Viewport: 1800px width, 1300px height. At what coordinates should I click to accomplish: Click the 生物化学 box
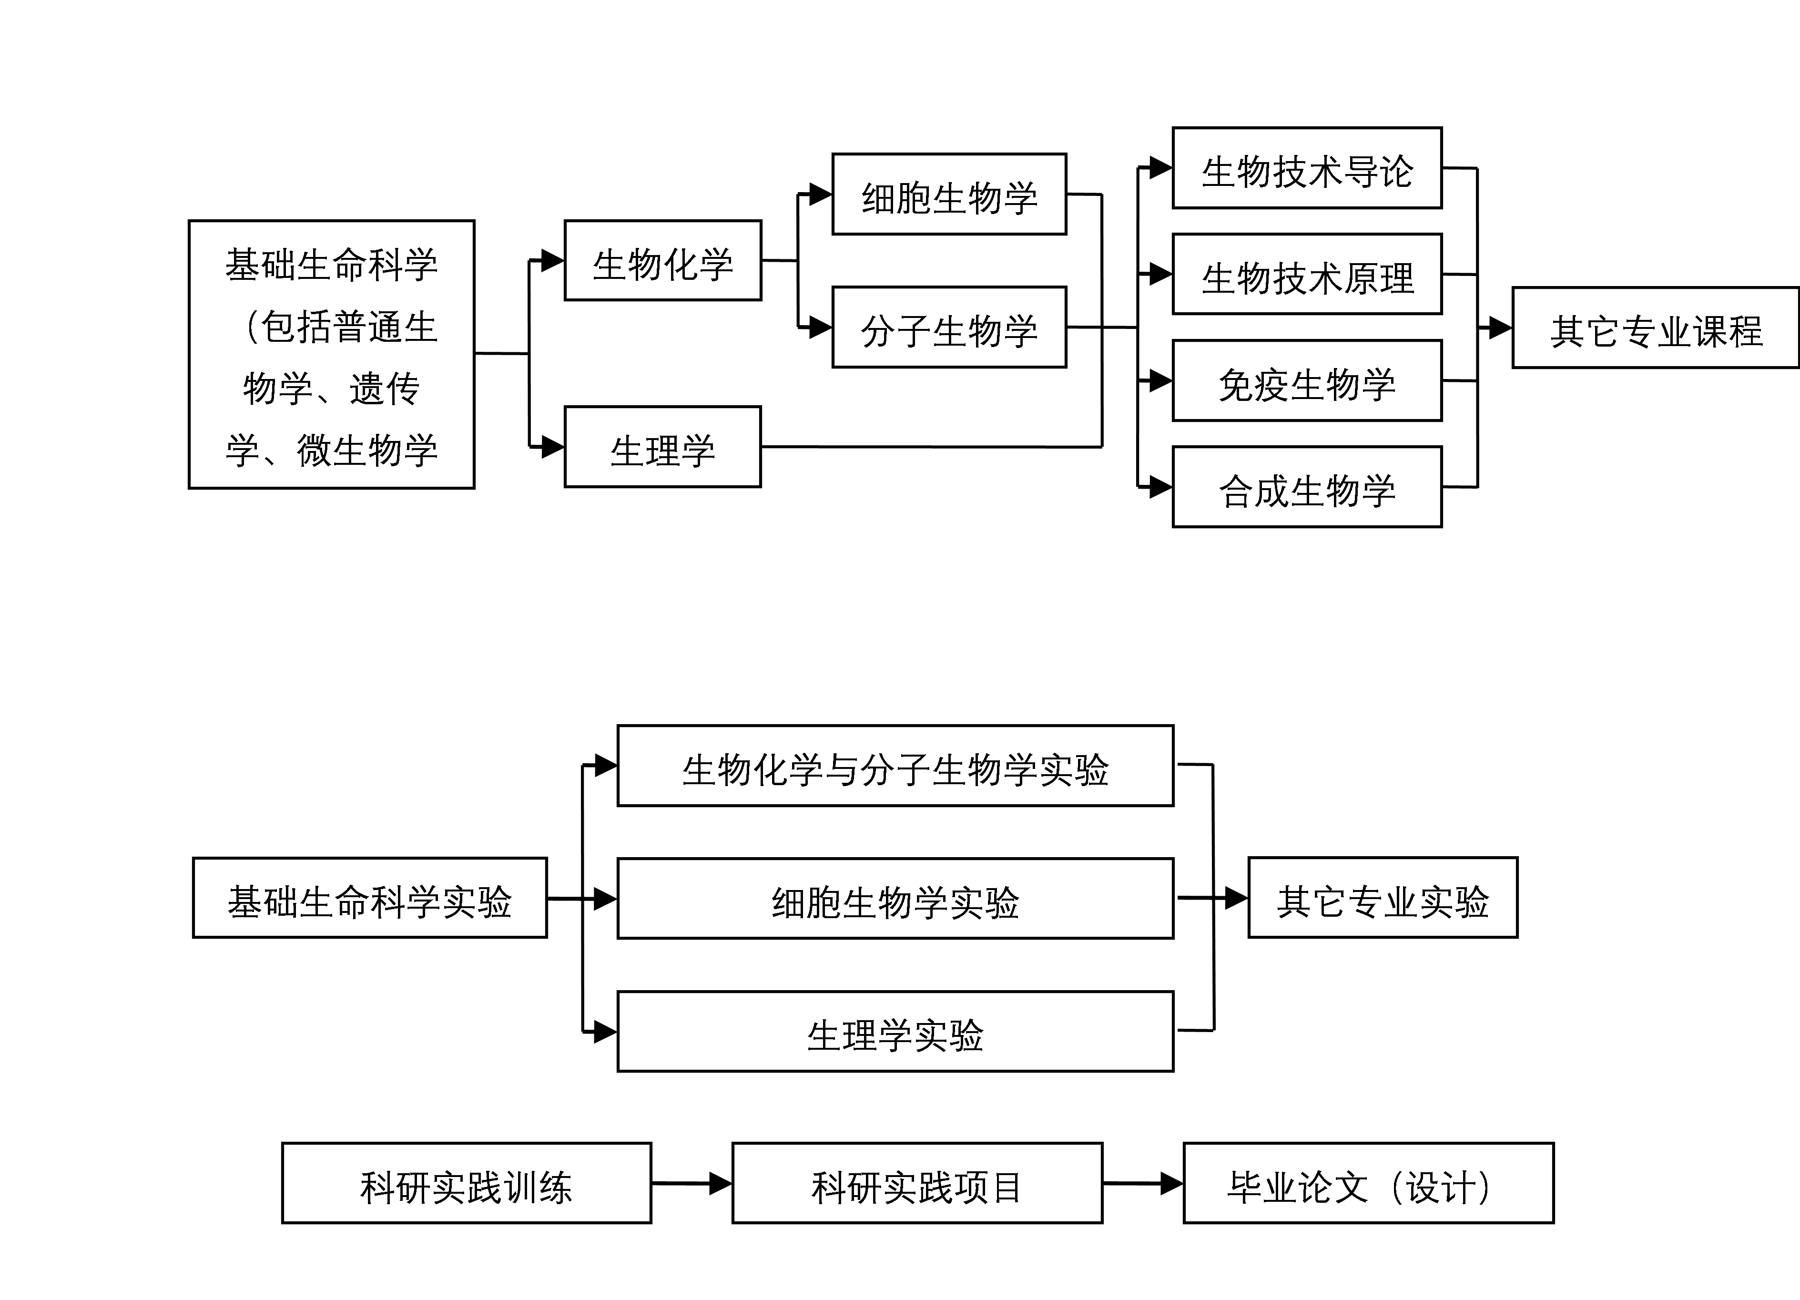click(x=663, y=260)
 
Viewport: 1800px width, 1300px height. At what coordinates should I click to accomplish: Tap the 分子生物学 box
click(x=949, y=327)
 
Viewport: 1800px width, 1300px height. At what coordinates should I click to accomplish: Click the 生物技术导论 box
click(x=1307, y=167)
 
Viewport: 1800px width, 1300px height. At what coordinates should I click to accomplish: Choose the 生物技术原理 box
click(x=1307, y=274)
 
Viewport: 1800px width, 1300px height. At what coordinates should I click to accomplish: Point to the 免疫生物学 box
click(x=1307, y=380)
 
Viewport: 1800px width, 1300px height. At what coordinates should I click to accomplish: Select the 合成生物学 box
click(x=1307, y=487)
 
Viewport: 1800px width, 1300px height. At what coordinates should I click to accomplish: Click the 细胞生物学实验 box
click(x=895, y=898)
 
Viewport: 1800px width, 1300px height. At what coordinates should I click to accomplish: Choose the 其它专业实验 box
click(x=1383, y=897)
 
